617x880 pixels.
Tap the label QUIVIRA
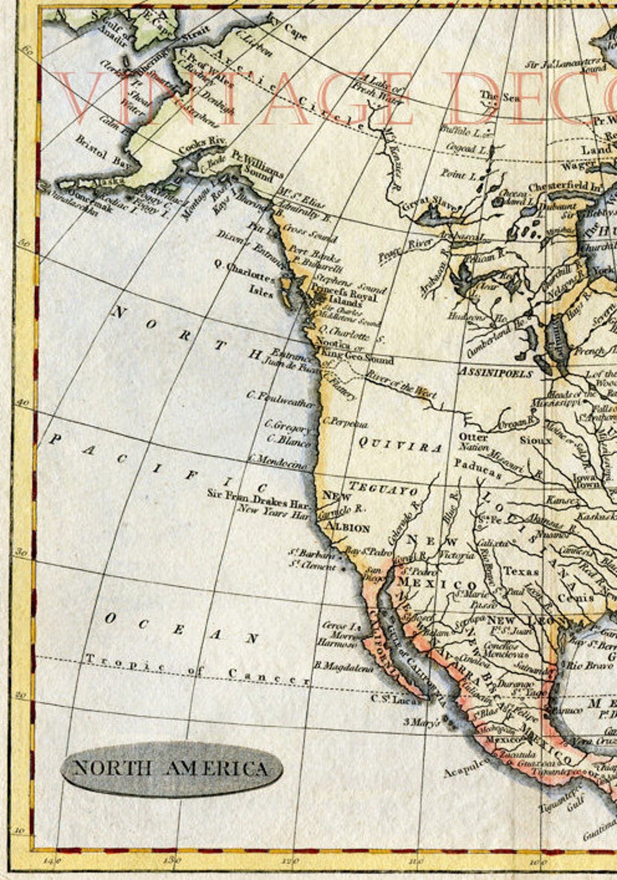(x=401, y=445)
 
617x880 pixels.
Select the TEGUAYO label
(x=383, y=488)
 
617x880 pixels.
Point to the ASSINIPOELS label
(x=495, y=373)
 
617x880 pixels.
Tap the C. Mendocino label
(x=279, y=461)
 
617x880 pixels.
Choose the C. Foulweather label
(x=280, y=399)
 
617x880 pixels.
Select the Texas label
(x=521, y=571)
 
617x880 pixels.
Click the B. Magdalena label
(x=344, y=668)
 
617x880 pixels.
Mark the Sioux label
(x=535, y=440)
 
